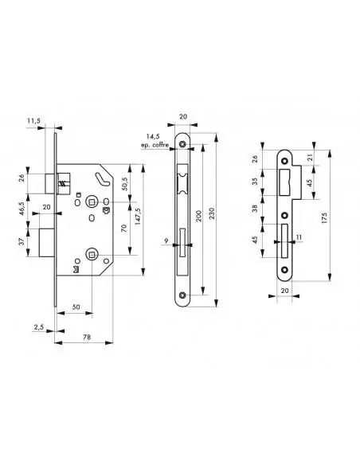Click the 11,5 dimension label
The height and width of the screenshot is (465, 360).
tap(33, 120)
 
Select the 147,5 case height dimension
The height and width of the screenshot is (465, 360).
tap(138, 217)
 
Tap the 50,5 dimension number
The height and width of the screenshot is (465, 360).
tap(124, 184)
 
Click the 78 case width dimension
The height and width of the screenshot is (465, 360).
tap(87, 337)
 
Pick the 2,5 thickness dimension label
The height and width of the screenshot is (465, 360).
tap(38, 326)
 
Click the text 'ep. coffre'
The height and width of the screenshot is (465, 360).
tap(155, 145)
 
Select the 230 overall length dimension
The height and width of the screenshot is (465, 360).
tap(211, 213)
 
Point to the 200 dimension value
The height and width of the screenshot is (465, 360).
tap(198, 216)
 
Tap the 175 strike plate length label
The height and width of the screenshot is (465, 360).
tap(324, 218)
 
